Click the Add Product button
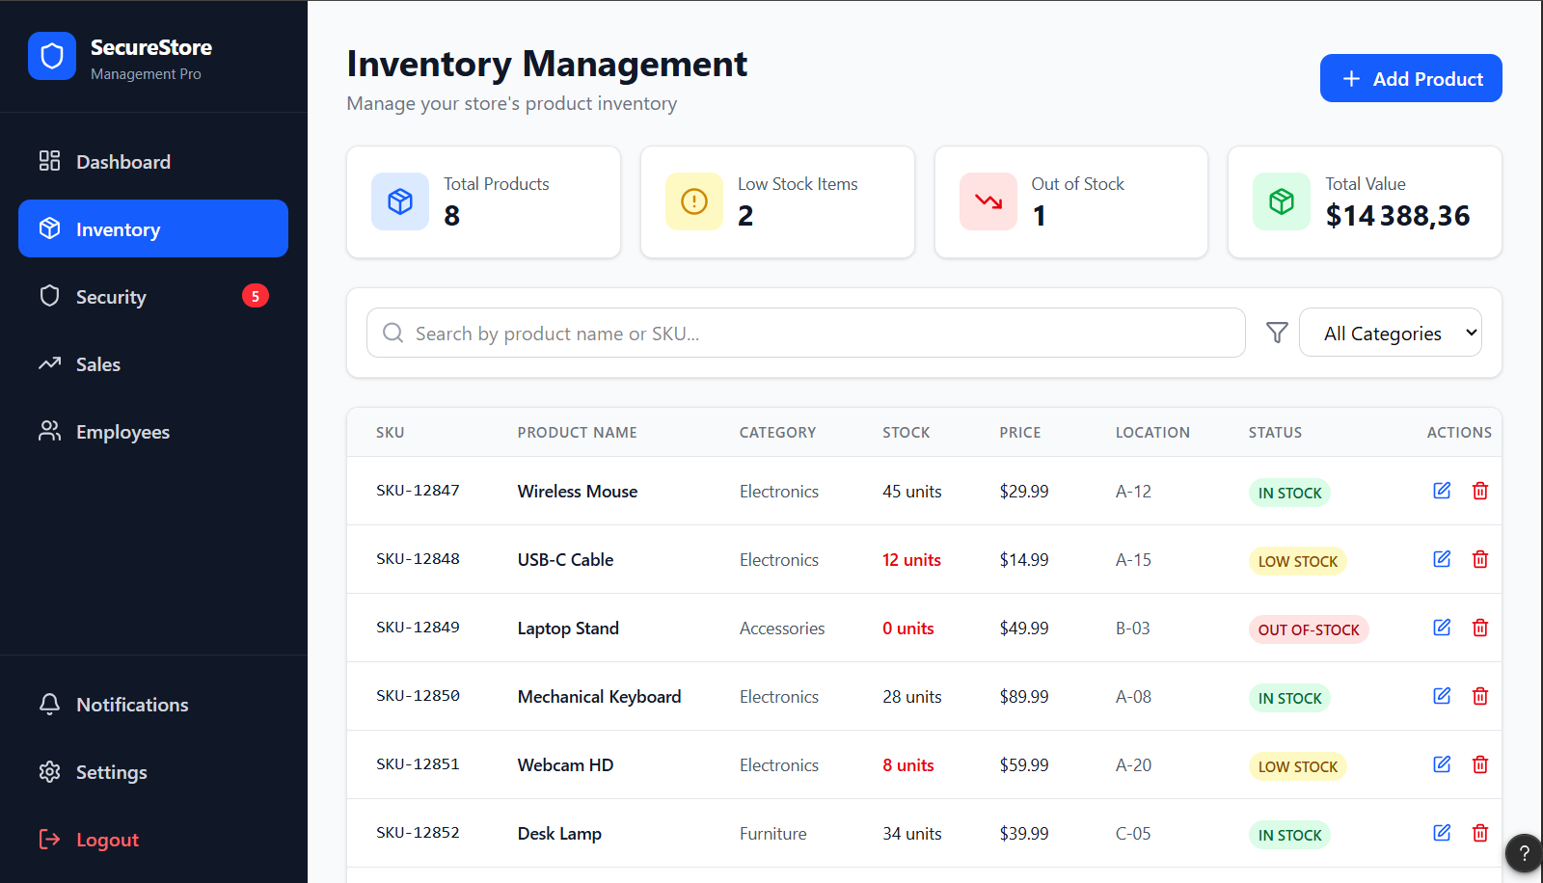click(x=1411, y=78)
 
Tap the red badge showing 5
click(x=255, y=296)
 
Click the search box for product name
click(x=806, y=333)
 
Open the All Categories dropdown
click(x=1390, y=333)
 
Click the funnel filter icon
click(x=1277, y=333)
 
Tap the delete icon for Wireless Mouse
click(x=1479, y=491)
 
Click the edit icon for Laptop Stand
click(x=1442, y=628)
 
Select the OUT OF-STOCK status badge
click(x=1308, y=629)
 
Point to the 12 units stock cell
click(x=911, y=560)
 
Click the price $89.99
click(x=1023, y=697)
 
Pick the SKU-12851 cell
click(x=418, y=763)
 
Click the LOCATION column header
click(x=1152, y=433)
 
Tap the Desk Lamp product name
click(x=559, y=834)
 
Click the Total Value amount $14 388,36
click(x=1397, y=216)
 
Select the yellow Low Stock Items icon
click(x=693, y=201)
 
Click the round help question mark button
click(x=1523, y=853)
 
